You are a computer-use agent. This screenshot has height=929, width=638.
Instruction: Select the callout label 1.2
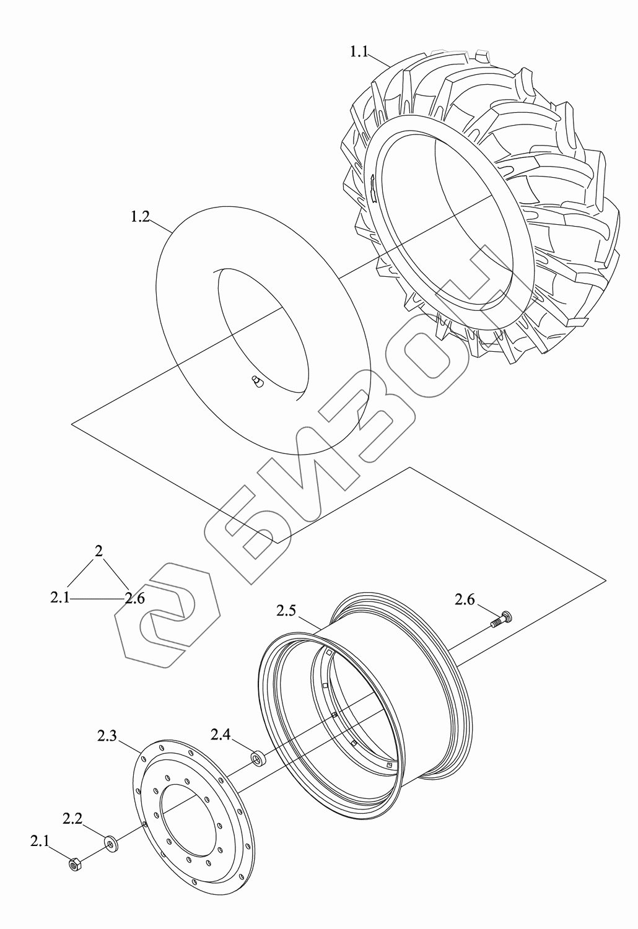pyautogui.click(x=141, y=217)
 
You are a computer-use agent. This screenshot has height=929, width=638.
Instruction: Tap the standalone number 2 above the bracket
pyautogui.click(x=98, y=551)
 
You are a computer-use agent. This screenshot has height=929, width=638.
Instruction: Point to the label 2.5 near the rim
pyautogui.click(x=286, y=611)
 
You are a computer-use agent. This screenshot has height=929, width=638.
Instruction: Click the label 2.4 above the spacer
pyautogui.click(x=221, y=735)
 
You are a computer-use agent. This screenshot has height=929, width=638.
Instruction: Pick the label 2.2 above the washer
pyautogui.click(x=72, y=818)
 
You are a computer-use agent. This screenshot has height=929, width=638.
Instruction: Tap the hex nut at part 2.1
pyautogui.click(x=74, y=863)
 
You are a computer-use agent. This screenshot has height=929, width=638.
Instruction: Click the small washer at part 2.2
pyautogui.click(x=112, y=843)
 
